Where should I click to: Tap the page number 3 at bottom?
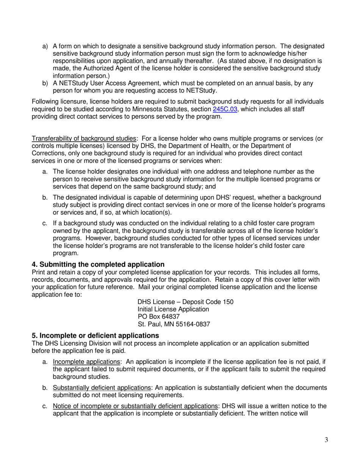point(326,440)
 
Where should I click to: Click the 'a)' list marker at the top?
point(45,46)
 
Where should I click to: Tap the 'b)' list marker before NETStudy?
point(45,83)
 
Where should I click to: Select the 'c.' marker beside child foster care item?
point(45,224)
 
